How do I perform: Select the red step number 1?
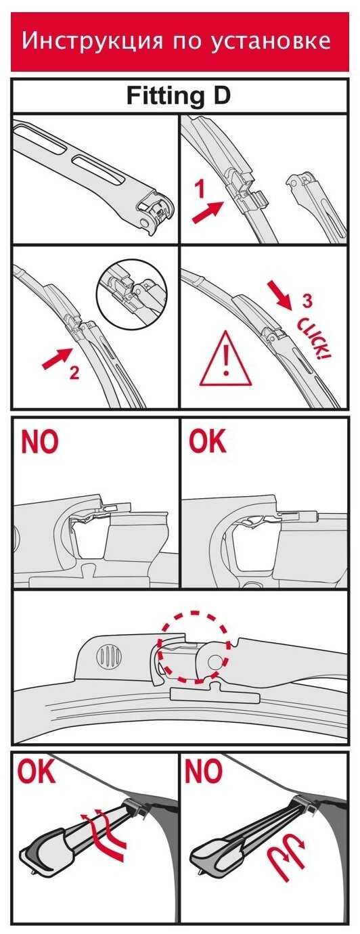(x=201, y=190)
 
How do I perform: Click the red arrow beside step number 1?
(x=208, y=212)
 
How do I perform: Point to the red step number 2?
(x=74, y=372)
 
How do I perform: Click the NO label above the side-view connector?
(x=40, y=441)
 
